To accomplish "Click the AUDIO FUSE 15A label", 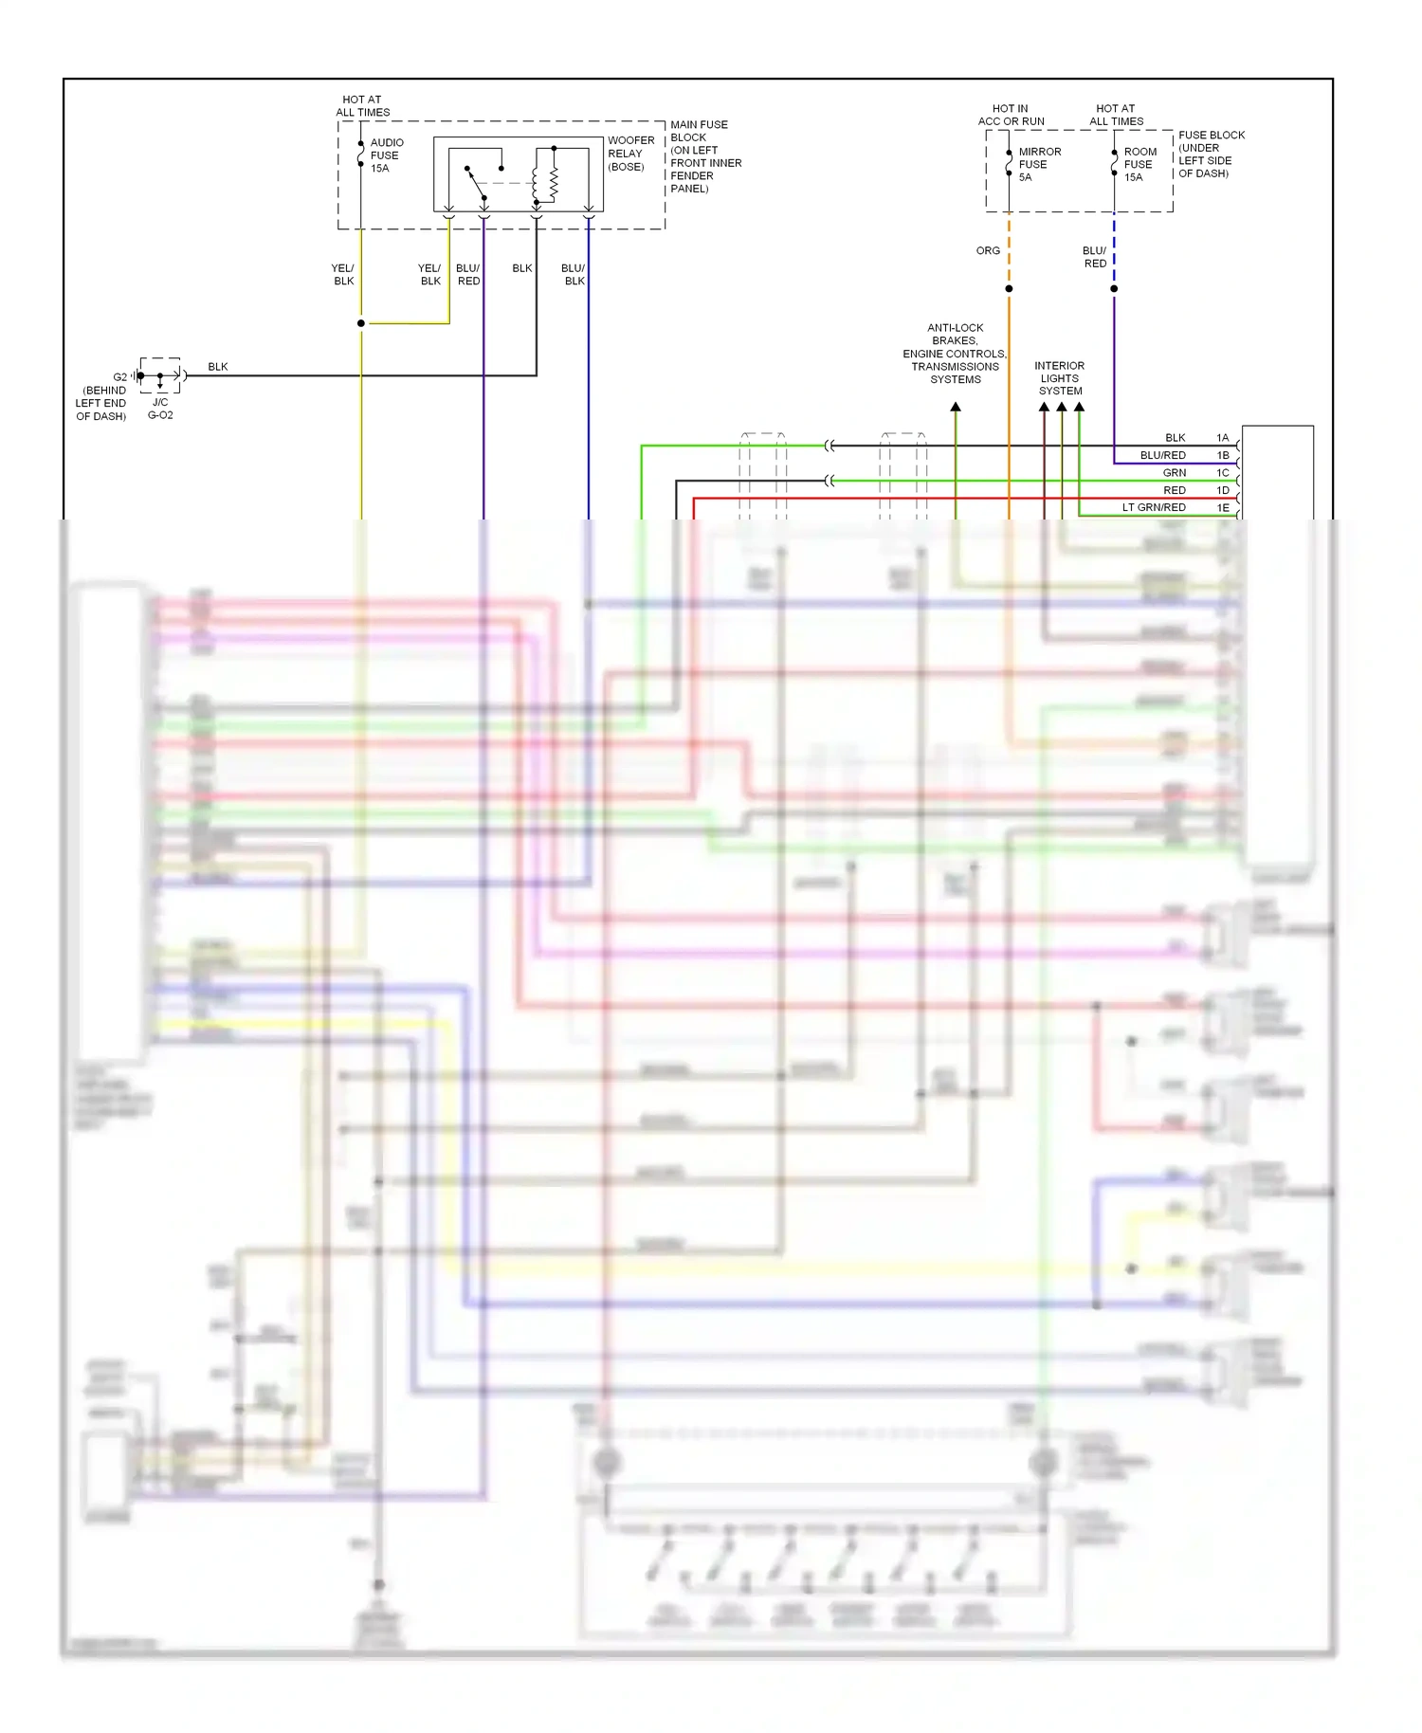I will [x=386, y=155].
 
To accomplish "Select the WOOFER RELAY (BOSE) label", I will [x=630, y=154].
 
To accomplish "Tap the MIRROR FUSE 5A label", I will [x=1039, y=164].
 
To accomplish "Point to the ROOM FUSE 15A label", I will [x=1139, y=164].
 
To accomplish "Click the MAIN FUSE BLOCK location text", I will [x=705, y=156].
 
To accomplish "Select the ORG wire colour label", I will [x=988, y=251].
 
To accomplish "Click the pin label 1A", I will [x=1222, y=438].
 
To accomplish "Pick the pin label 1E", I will [x=1222, y=508].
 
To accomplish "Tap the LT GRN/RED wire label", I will [x=1154, y=508].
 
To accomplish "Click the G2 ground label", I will [x=119, y=377].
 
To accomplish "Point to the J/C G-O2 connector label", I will [x=160, y=409].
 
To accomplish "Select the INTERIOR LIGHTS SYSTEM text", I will [x=1060, y=378].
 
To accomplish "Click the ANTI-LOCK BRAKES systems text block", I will [x=955, y=354].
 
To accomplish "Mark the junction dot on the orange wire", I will [x=1009, y=288].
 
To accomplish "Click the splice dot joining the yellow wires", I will [x=361, y=323].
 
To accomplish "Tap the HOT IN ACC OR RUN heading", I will [x=1011, y=115].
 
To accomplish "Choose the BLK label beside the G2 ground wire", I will [x=218, y=367].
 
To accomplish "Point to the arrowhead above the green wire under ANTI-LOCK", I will [x=956, y=407].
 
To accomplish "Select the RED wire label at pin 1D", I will [x=1174, y=490].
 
